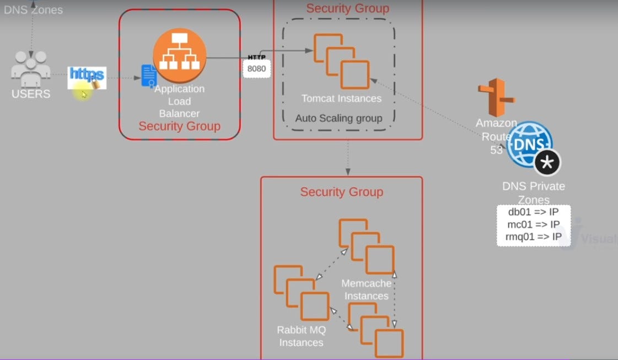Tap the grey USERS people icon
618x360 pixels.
(31, 68)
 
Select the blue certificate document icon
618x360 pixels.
(149, 76)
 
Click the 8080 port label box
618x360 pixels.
(256, 69)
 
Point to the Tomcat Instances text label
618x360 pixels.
(341, 99)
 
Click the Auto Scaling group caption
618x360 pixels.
(338, 118)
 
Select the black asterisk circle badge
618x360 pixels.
(547, 163)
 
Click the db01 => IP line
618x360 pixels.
(533, 212)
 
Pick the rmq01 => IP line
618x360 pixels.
(533, 237)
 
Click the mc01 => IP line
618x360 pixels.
(533, 224)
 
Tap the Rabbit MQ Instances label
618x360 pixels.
(301, 336)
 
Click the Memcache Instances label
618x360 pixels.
(366, 289)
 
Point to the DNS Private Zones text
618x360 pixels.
(533, 193)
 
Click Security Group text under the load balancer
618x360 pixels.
(179, 126)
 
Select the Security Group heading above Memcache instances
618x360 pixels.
(341, 192)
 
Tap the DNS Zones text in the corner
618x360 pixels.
(33, 9)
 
